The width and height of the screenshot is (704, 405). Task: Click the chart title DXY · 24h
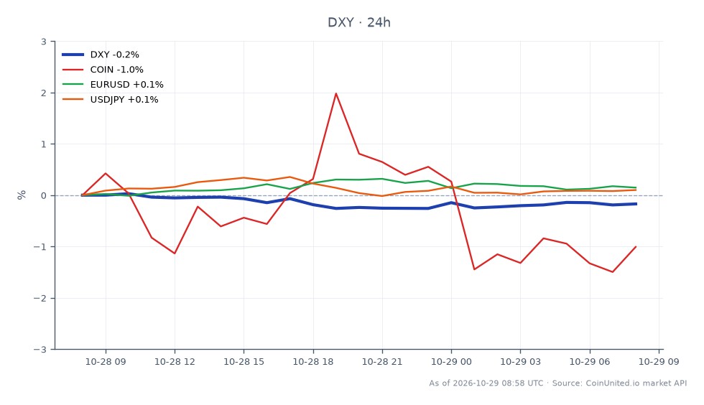click(358, 22)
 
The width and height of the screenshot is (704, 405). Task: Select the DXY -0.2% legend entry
click(101, 55)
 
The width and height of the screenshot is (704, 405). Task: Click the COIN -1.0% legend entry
click(103, 70)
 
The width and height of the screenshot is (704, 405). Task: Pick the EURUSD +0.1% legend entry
click(113, 85)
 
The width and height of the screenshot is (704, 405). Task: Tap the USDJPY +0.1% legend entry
click(110, 100)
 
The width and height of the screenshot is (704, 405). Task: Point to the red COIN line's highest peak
click(336, 93)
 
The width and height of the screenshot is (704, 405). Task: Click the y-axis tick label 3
click(44, 42)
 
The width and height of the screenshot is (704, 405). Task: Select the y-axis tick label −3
click(40, 349)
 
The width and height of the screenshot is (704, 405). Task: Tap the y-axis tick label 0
click(44, 196)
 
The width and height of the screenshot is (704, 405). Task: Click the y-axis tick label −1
click(40, 247)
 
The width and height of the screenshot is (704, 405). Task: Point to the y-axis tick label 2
click(44, 93)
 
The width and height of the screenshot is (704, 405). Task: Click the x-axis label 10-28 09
click(106, 362)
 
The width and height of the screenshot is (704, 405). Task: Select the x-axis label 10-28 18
click(313, 362)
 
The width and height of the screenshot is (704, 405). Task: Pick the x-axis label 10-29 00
click(451, 362)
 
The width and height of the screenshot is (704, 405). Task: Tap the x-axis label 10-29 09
click(659, 362)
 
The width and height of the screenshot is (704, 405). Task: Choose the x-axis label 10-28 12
click(175, 362)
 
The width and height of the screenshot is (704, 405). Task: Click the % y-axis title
click(22, 195)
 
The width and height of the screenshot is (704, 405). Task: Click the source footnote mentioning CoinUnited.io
click(557, 383)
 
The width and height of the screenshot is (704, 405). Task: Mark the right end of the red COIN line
click(636, 246)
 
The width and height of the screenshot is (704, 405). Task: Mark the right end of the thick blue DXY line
click(636, 204)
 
